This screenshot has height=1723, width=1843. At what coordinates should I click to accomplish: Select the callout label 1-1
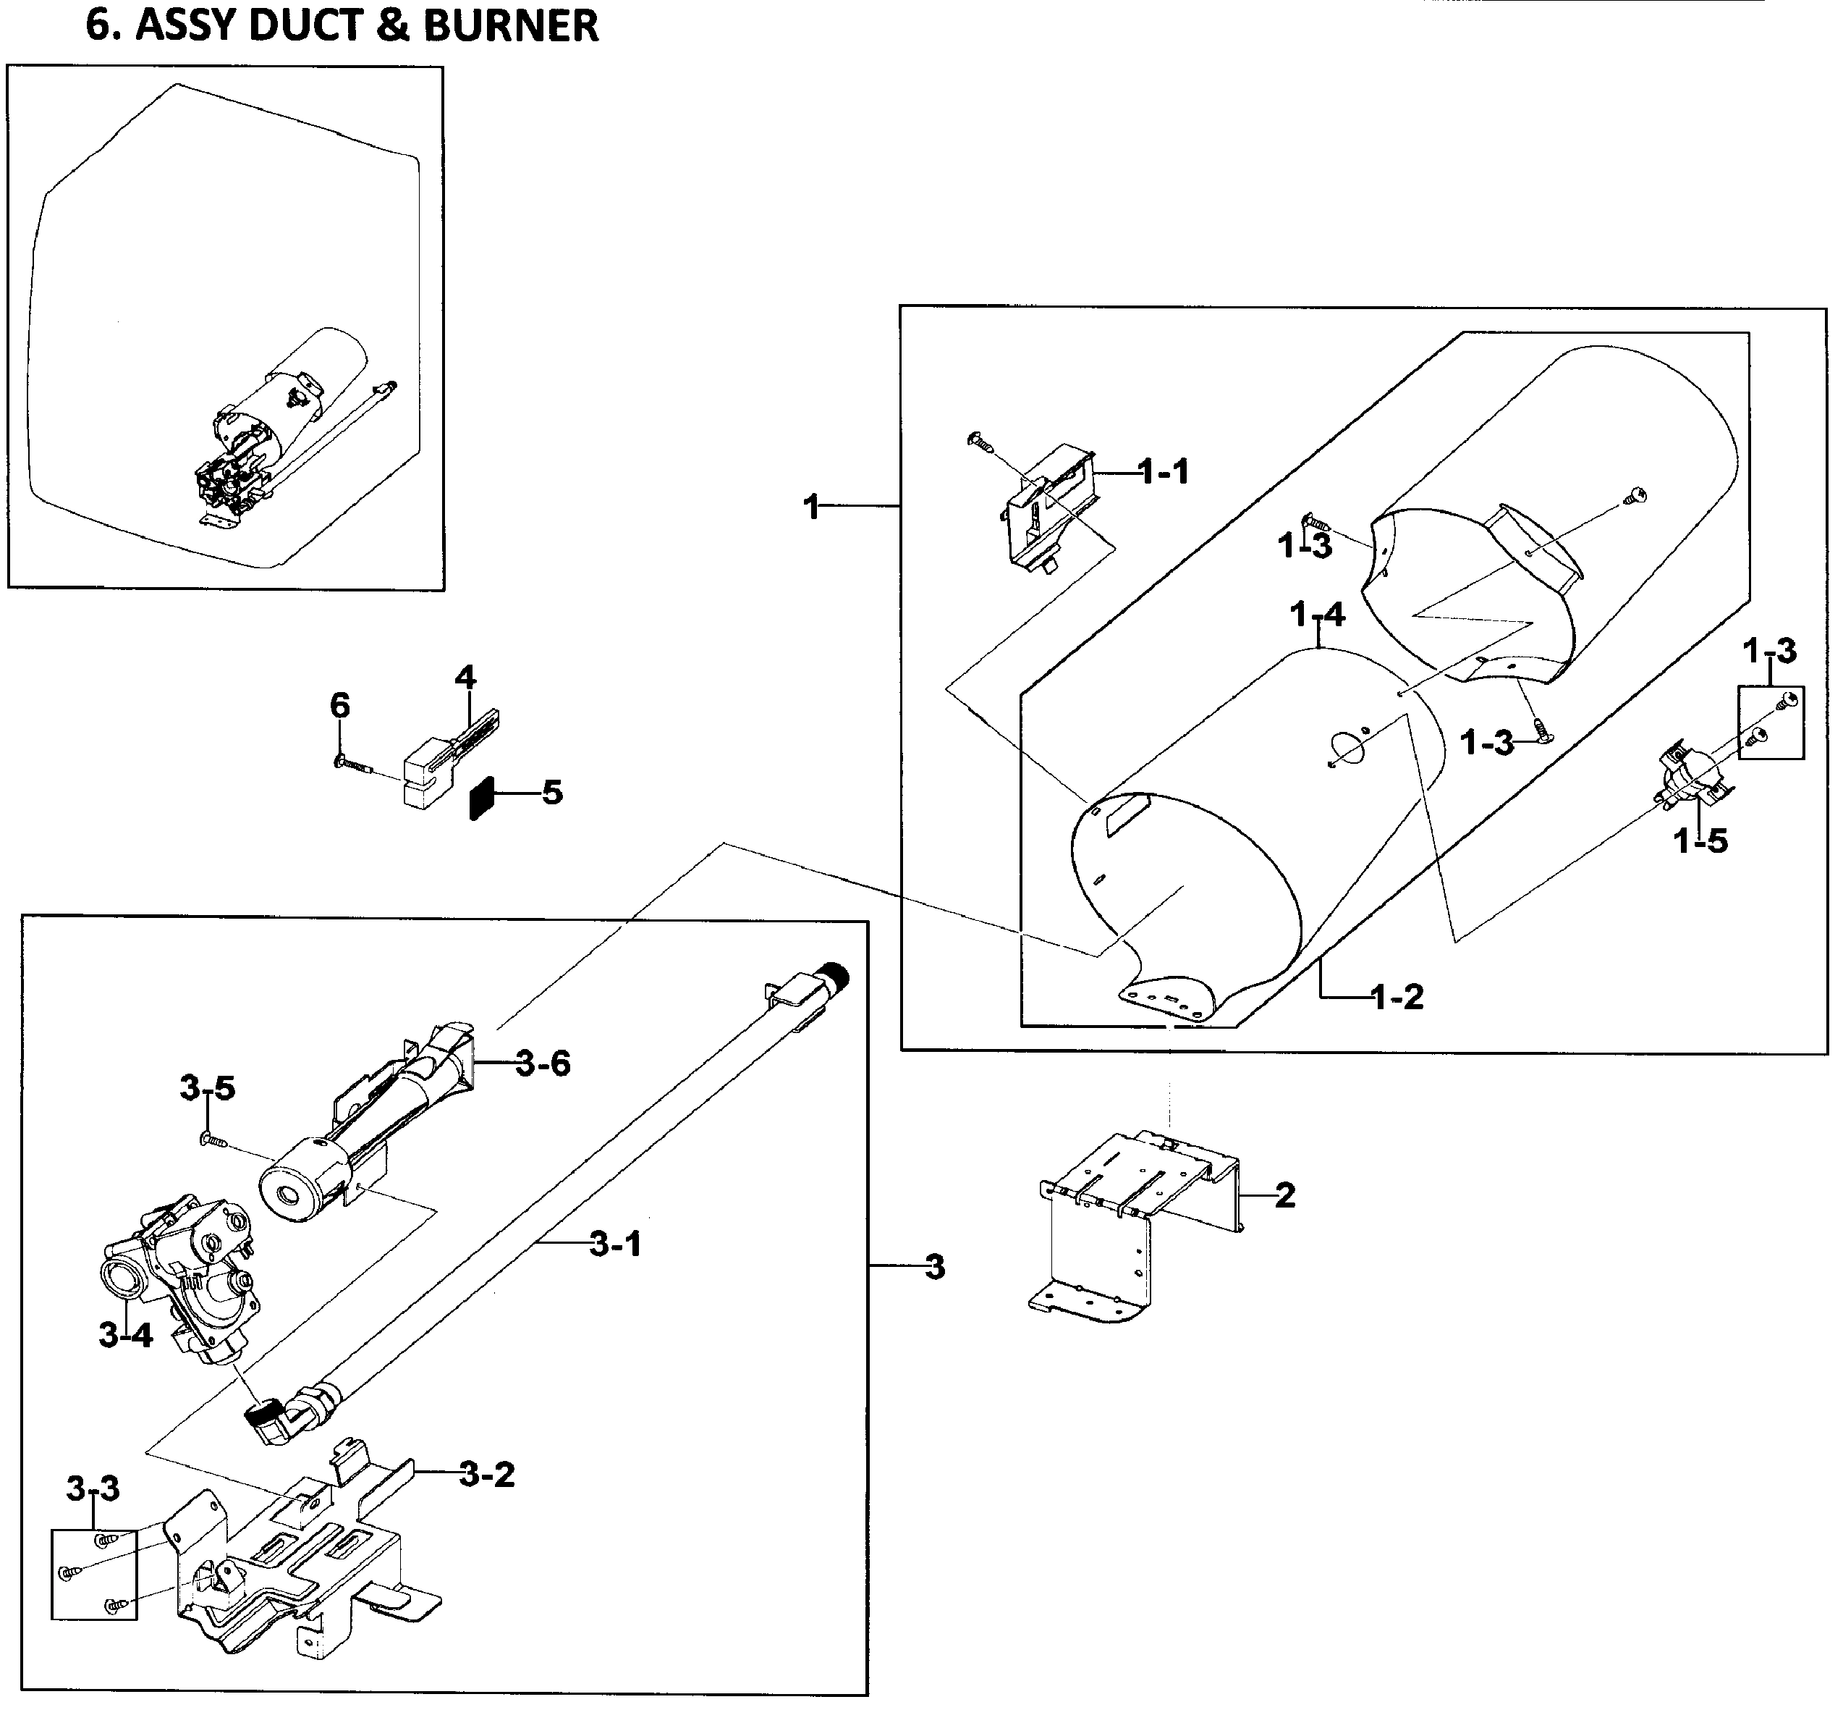pyautogui.click(x=1164, y=472)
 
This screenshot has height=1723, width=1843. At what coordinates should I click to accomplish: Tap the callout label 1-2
pyautogui.click(x=1397, y=997)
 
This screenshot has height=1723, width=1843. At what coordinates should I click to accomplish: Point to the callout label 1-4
pyautogui.click(x=1318, y=614)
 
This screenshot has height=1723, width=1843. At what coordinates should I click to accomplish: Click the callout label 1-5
pyautogui.click(x=1700, y=841)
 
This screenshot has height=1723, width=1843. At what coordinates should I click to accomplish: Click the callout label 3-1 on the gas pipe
pyautogui.click(x=616, y=1244)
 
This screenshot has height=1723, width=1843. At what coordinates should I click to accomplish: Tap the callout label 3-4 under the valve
pyautogui.click(x=125, y=1336)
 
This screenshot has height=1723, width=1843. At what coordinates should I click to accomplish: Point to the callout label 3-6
pyautogui.click(x=543, y=1063)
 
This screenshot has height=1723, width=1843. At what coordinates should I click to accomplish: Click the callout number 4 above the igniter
pyautogui.click(x=465, y=678)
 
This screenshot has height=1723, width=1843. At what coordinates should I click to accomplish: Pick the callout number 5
pyautogui.click(x=553, y=793)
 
